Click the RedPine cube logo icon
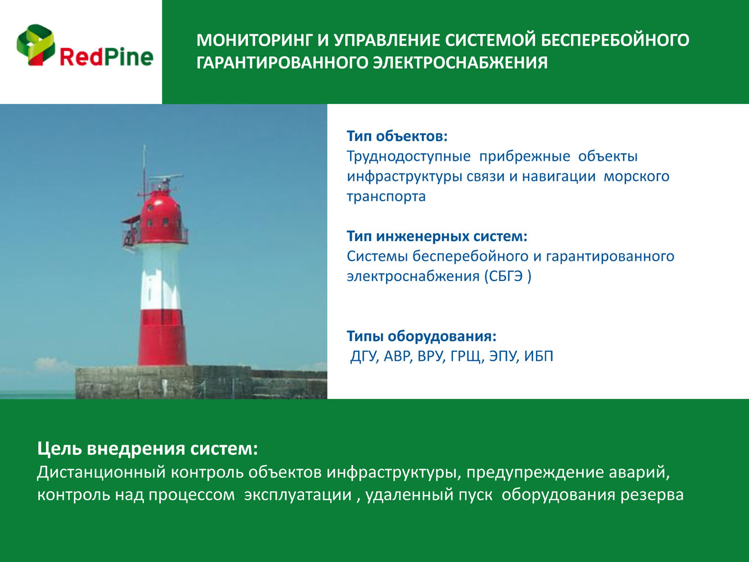(36, 45)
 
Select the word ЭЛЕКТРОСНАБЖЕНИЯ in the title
(460, 63)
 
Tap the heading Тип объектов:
(397, 136)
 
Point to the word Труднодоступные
(409, 157)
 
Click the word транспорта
(386, 197)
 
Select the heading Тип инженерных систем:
(437, 236)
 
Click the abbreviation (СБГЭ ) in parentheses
(508, 277)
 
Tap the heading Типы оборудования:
(422, 336)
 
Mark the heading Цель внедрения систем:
(147, 448)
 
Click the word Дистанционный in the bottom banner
(101, 473)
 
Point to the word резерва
(652, 495)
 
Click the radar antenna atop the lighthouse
(166, 179)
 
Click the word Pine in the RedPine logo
(128, 57)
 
